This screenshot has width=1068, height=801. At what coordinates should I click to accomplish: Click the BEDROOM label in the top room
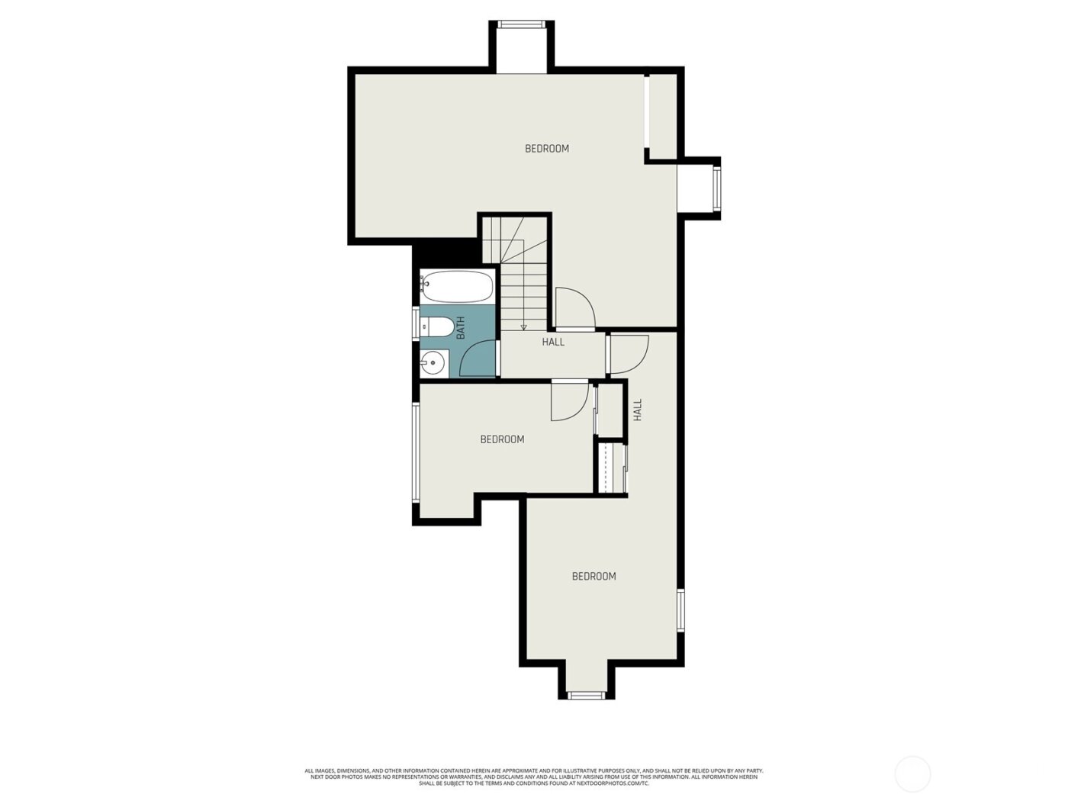coord(547,149)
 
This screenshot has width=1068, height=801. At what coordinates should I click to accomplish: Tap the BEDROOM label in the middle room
coord(502,439)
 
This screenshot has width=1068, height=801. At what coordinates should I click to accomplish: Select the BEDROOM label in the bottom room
coord(594,577)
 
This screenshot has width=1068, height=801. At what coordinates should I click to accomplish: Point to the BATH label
coord(461,328)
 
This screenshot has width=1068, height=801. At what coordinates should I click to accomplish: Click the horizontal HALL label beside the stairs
coord(553,343)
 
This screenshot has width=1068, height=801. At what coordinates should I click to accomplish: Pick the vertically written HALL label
coord(638,410)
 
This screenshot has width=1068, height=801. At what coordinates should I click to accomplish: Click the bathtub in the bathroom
coord(457,287)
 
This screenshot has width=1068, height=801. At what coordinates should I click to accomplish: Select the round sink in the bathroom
coord(433,362)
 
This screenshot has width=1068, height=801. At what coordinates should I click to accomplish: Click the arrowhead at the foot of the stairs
coord(523,327)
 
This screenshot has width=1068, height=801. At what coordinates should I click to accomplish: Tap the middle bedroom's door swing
coord(568,400)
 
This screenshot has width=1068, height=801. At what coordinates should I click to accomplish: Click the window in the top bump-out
coord(522,25)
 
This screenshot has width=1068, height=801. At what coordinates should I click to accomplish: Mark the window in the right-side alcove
coord(716,189)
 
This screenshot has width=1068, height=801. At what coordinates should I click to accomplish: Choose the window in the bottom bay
coord(587,695)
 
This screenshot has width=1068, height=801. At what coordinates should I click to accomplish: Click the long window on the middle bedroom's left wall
coord(416,452)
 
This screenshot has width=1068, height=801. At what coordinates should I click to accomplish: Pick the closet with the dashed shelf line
coord(610,468)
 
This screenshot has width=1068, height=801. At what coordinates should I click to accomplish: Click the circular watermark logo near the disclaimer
coord(912,774)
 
